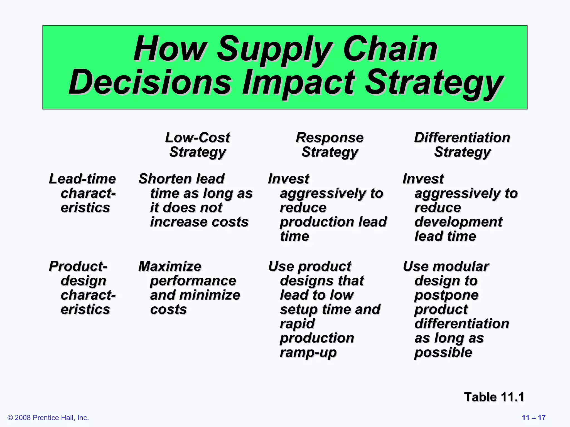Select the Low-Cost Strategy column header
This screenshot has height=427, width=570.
tap(198, 145)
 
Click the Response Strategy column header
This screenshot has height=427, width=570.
tap(330, 145)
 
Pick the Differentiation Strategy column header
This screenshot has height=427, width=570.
tap(462, 145)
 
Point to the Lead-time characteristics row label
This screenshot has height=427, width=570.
tap(83, 193)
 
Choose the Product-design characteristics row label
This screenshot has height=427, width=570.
tap(83, 288)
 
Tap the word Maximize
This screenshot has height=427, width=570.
tap(170, 266)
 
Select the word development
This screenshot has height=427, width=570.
tap(458, 222)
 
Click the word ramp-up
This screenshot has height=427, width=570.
tap(308, 352)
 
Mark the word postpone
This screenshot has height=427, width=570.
tap(446, 295)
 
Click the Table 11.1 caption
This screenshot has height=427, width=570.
tap(494, 397)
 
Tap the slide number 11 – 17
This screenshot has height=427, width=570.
tap(534, 418)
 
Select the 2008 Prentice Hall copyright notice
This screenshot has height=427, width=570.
tap(48, 418)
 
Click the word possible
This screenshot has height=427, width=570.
tap(443, 352)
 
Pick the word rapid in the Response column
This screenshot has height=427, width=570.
tap(297, 324)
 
